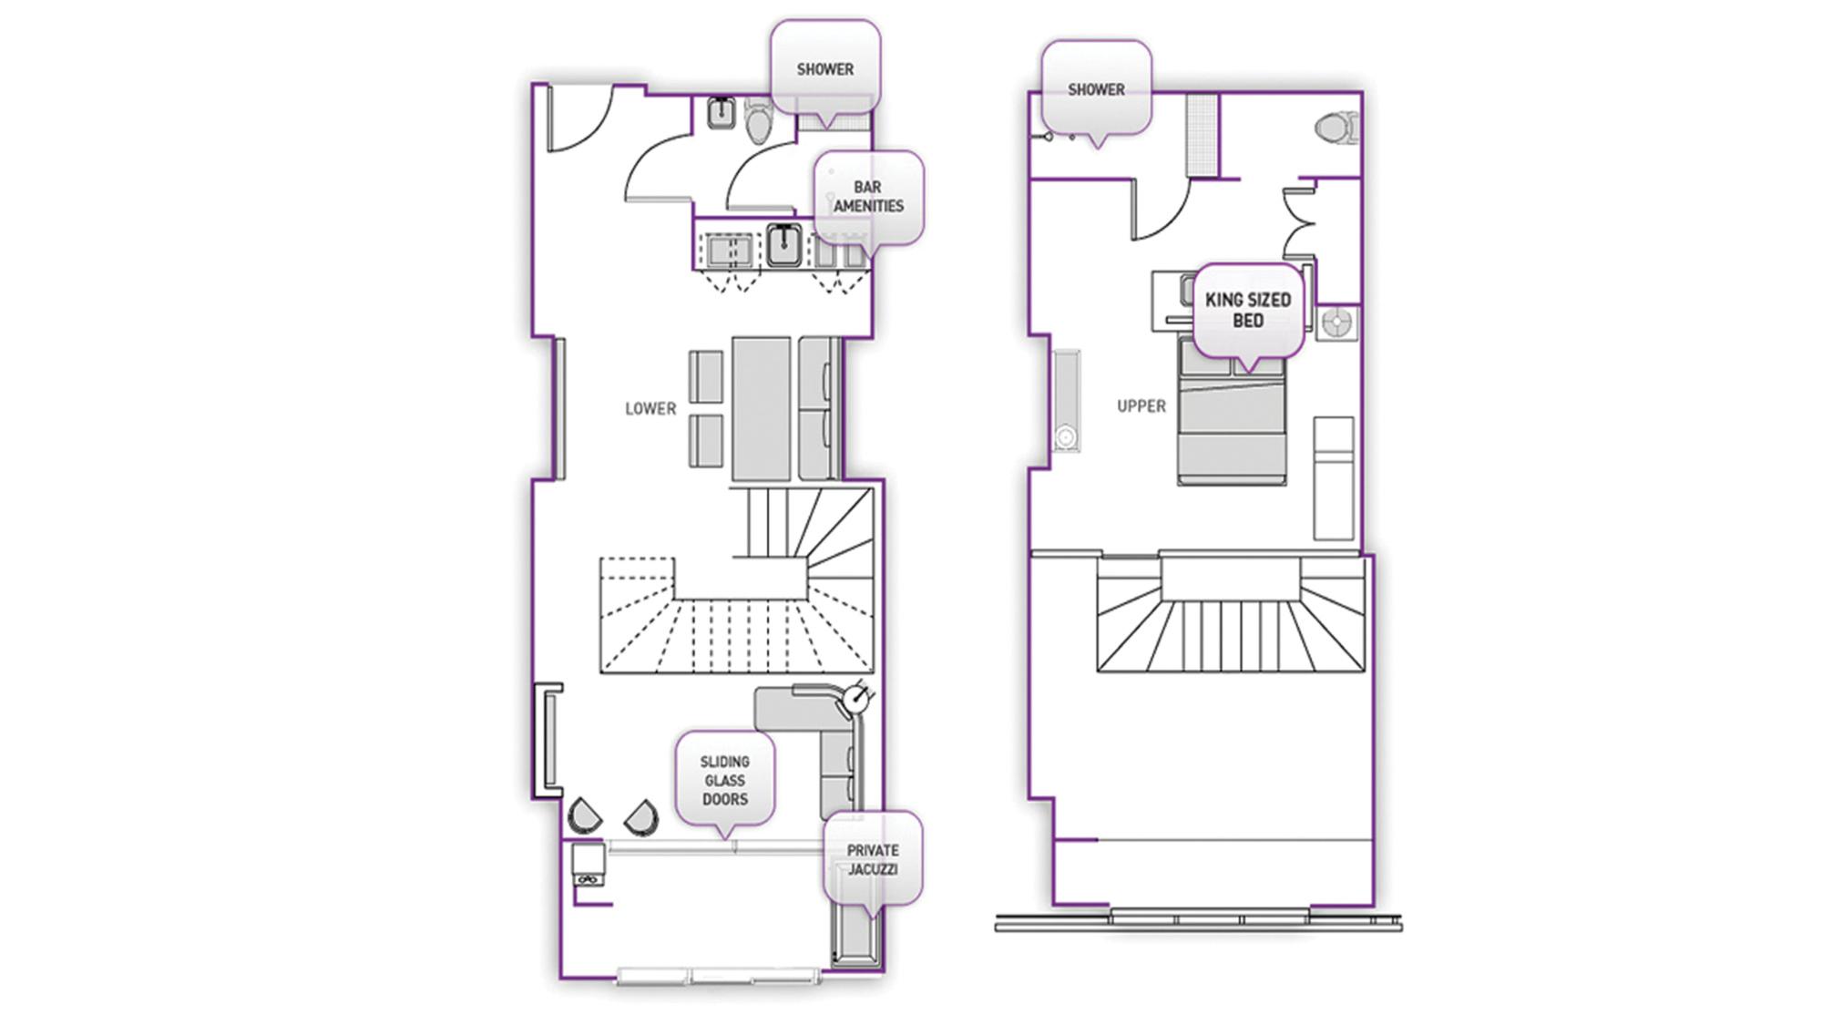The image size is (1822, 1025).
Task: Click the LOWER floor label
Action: [x=650, y=408]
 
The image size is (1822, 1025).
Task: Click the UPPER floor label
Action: [x=1141, y=406]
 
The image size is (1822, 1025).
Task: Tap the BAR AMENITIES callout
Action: [x=869, y=198]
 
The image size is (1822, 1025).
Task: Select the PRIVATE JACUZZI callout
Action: [x=873, y=859]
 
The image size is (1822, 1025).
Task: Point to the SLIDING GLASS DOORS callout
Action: [x=725, y=780]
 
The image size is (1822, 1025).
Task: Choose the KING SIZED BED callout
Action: [x=1248, y=311]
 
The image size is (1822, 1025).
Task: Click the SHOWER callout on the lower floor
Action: [x=825, y=69]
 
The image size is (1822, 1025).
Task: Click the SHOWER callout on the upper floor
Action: [x=1096, y=89]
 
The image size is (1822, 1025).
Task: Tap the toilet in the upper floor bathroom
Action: [x=1337, y=128]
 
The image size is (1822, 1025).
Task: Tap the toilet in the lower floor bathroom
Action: [x=758, y=121]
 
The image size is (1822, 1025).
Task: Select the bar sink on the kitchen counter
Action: [x=783, y=244]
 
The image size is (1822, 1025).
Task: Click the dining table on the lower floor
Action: [x=761, y=407]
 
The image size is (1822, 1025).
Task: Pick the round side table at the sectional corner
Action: [x=855, y=699]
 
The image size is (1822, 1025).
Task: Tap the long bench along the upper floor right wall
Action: [x=1334, y=478]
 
